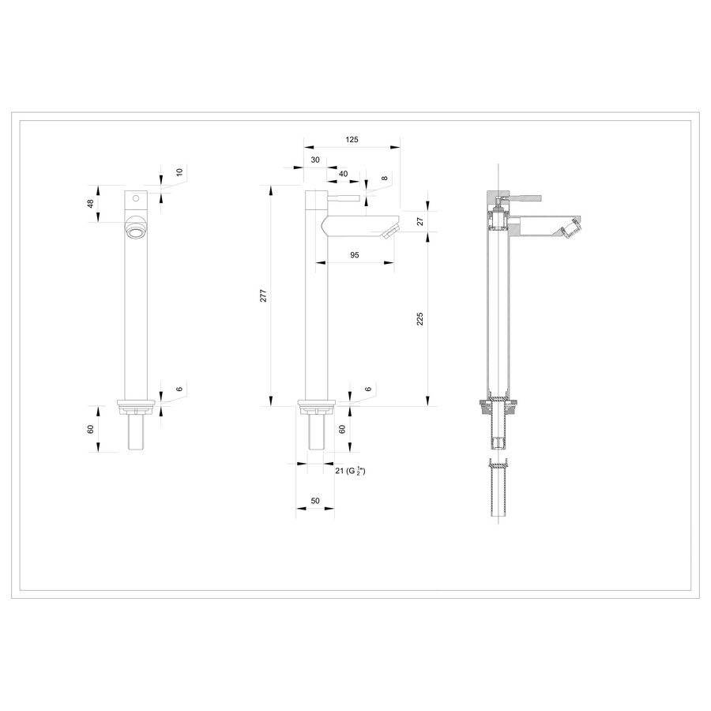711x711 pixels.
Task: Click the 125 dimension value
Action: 352,139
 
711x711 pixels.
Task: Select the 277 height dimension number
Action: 264,295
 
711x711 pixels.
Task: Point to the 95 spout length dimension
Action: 354,254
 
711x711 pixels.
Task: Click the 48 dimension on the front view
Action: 90,204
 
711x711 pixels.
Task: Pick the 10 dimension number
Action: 179,171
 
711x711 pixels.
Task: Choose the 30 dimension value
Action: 315,160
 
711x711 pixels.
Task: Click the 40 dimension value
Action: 343,173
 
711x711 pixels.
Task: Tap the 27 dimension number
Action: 420,222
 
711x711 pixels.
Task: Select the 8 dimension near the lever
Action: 384,179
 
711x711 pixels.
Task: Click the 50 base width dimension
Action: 315,502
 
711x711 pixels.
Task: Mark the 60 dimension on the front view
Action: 90,428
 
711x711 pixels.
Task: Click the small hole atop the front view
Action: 136,197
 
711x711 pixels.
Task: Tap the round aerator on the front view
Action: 137,230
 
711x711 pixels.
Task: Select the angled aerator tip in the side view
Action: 389,232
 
